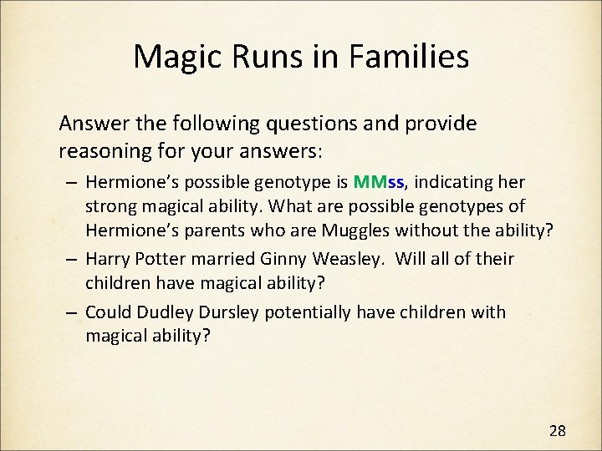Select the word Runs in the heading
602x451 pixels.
[279, 57]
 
